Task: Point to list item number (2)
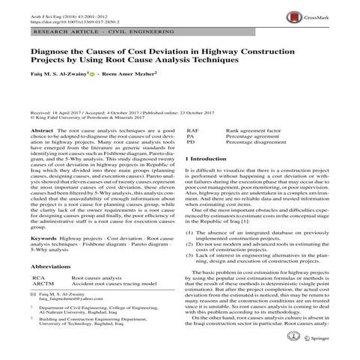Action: tap(190, 244)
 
